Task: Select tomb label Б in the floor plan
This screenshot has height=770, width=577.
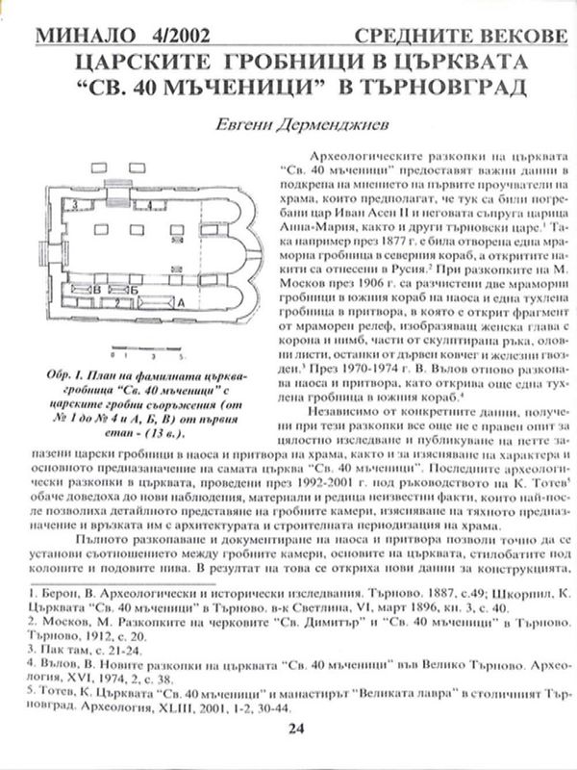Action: click(x=135, y=289)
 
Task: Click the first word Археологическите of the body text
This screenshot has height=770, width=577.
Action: click(x=366, y=154)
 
